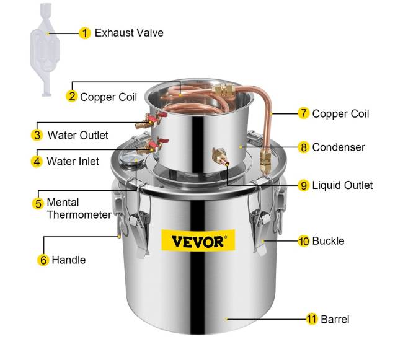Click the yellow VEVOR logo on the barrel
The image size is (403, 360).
198,240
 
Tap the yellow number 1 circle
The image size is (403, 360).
85,33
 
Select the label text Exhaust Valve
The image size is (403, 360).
129,33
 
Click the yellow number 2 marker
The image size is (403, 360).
72,97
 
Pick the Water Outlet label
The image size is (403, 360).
78,135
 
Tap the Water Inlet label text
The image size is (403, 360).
73,162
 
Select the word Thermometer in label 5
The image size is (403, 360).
79,214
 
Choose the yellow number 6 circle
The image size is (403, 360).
43,260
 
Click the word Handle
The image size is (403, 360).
69,260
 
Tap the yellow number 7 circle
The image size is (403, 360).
304,113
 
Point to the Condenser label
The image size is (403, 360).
339,147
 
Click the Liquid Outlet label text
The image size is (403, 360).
342,185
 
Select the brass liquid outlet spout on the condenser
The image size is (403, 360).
220,157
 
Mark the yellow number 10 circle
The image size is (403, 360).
304,241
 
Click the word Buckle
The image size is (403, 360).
328,241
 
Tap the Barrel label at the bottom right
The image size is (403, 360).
335,320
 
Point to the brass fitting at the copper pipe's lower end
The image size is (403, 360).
265,160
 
